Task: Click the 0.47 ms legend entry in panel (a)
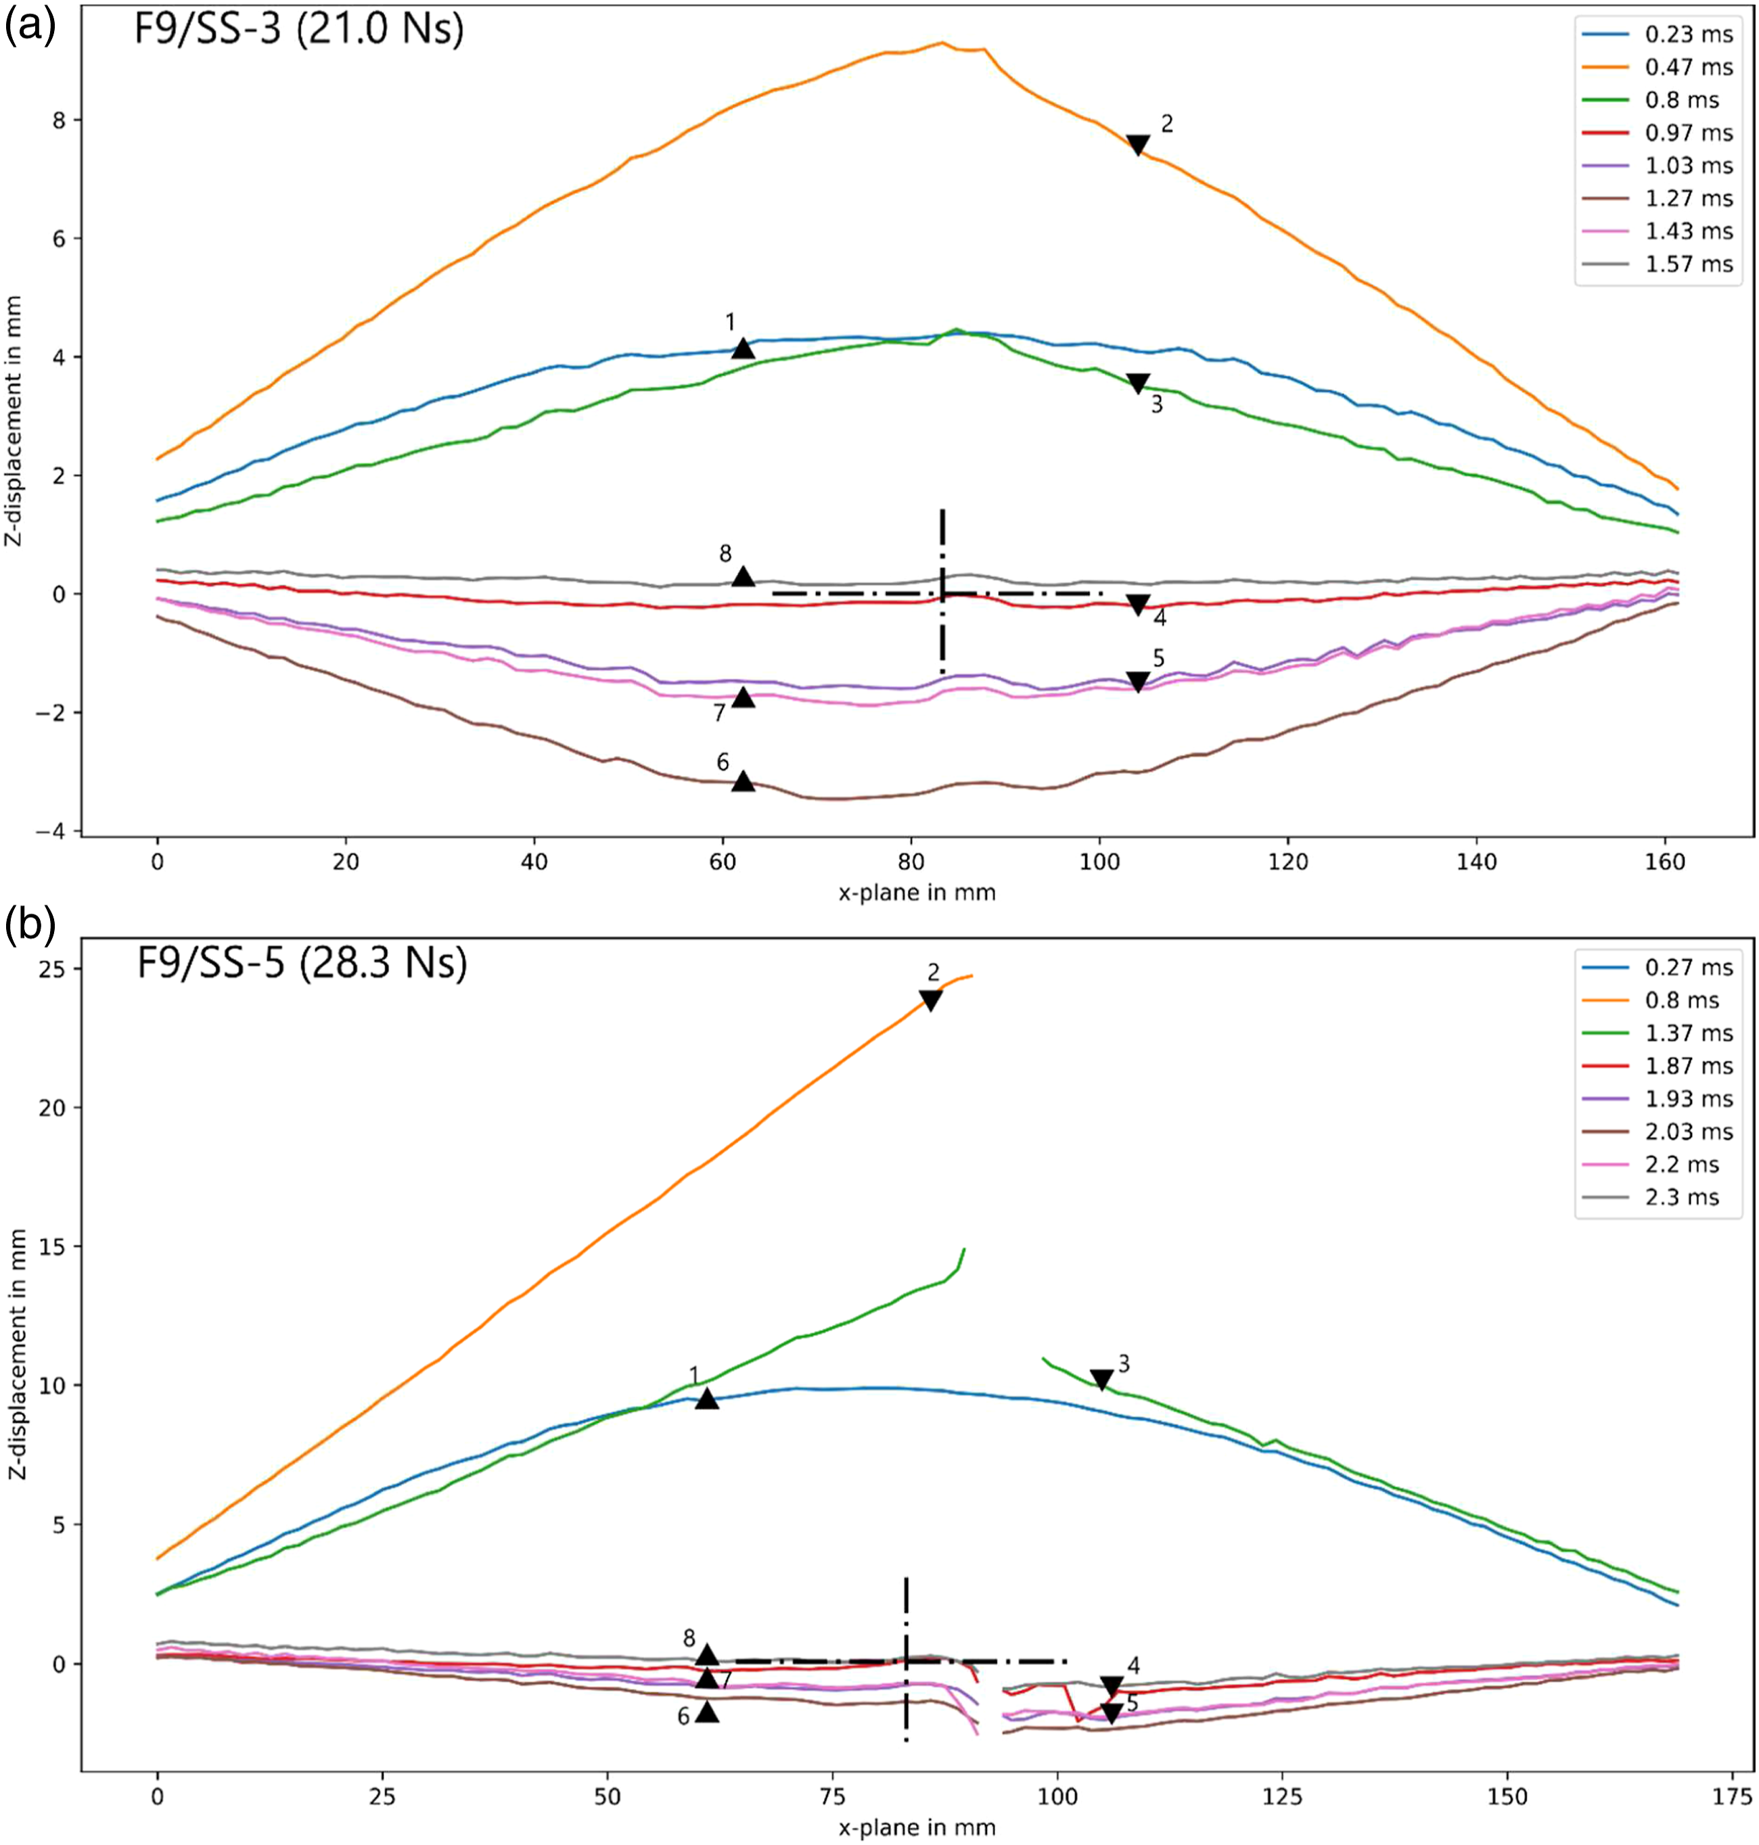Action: (x=1660, y=68)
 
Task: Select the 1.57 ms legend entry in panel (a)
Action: (x=1660, y=264)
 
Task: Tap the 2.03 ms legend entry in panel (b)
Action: (x=1660, y=1131)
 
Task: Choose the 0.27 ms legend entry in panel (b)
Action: (x=1660, y=968)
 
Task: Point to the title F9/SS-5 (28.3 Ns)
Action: (x=302, y=964)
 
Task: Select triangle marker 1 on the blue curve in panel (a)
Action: (x=743, y=348)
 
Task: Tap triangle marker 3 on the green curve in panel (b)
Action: (x=1101, y=1380)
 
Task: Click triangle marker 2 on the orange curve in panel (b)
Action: (x=931, y=1001)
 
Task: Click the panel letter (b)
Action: (x=30, y=925)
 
